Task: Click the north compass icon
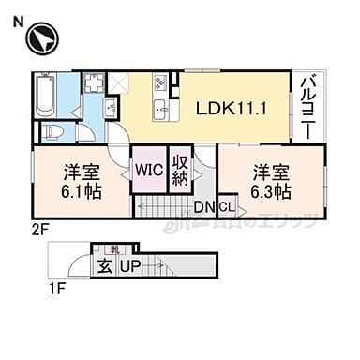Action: (41, 40)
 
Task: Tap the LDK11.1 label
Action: (232, 109)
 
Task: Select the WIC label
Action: (148, 172)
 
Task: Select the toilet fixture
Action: (55, 132)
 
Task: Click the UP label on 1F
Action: (130, 268)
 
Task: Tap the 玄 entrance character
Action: (102, 268)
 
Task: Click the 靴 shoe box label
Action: (114, 250)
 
